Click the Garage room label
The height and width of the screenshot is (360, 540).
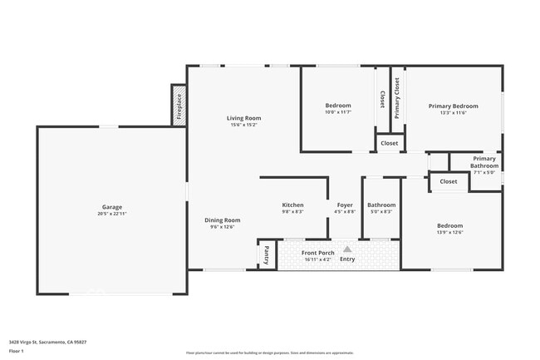(112, 207)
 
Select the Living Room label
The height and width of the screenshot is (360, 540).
(243, 118)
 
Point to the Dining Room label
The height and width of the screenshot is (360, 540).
(223, 220)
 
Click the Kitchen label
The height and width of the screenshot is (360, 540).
(292, 205)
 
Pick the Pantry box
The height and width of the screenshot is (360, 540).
(267, 254)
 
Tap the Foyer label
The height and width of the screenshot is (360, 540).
(345, 205)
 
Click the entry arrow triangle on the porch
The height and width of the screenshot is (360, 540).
(347, 249)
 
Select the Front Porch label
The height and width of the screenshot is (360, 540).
(317, 253)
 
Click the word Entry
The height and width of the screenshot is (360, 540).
(347, 259)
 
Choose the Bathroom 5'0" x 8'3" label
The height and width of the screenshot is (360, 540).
(381, 205)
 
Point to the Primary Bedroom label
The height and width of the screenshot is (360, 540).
(453, 106)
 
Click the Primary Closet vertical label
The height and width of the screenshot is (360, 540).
(397, 98)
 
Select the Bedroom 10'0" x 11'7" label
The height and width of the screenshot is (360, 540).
(338, 106)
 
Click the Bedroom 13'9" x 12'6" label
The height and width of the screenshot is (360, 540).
(449, 225)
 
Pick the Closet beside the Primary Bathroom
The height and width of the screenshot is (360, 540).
(449, 181)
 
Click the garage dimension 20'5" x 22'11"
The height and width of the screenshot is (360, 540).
(112, 214)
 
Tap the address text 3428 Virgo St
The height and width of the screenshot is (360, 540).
(47, 341)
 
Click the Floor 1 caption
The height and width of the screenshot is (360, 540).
(17, 352)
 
